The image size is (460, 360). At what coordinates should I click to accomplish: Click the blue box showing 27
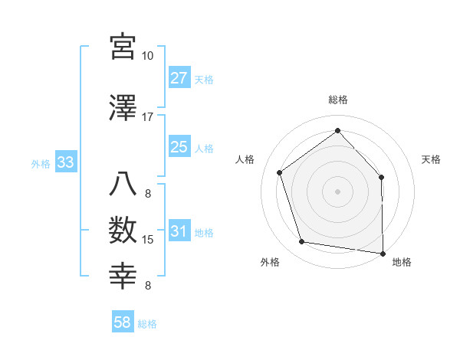pyautogui.click(x=179, y=78)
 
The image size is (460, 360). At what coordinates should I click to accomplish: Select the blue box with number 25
pyautogui.click(x=179, y=147)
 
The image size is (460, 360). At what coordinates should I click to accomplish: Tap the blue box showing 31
pyautogui.click(x=179, y=232)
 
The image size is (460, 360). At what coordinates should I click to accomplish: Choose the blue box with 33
pyautogui.click(x=65, y=162)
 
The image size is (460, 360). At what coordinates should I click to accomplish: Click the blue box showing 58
pyautogui.click(x=123, y=323)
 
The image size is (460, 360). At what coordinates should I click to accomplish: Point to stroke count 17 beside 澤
pyautogui.click(x=147, y=117)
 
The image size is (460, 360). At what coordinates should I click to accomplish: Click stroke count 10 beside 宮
pyautogui.click(x=147, y=56)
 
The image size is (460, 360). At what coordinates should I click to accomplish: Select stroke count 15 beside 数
pyautogui.click(x=148, y=240)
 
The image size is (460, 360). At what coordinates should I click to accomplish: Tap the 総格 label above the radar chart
pyautogui.click(x=337, y=100)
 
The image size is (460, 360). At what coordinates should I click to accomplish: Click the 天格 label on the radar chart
pyautogui.click(x=431, y=159)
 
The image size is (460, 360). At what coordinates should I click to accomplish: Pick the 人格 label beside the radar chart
pyautogui.click(x=245, y=159)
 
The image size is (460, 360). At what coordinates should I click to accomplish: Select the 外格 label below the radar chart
pyautogui.click(x=269, y=263)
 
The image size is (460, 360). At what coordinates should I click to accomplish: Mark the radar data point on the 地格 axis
pyautogui.click(x=383, y=253)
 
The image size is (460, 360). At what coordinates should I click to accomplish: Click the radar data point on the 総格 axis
pyautogui.click(x=337, y=131)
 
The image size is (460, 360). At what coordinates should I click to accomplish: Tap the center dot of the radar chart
pyautogui.click(x=337, y=191)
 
